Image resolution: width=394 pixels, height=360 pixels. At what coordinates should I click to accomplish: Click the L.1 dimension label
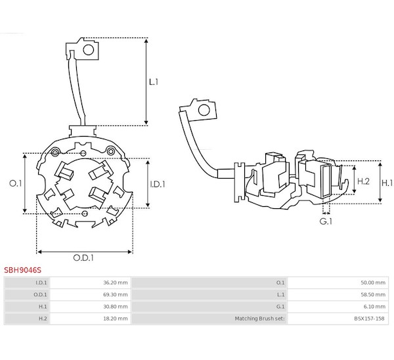pos(154,82)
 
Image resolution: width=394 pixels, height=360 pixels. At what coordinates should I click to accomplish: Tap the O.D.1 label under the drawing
pos(83,258)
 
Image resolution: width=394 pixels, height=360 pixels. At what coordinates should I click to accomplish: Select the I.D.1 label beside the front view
pos(158,185)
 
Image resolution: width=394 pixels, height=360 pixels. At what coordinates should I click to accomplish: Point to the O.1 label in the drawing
pos(16,183)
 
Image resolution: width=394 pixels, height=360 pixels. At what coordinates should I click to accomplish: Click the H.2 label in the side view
pos(363,181)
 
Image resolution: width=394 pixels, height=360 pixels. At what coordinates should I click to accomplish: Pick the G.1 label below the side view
pos(326,221)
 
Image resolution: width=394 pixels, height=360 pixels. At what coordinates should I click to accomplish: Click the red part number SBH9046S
pos(22,270)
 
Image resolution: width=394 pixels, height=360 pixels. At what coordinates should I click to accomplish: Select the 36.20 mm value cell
pos(116,282)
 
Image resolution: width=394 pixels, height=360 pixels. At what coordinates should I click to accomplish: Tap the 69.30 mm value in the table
pos(116,294)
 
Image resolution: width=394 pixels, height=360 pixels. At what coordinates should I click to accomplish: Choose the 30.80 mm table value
pos(116,306)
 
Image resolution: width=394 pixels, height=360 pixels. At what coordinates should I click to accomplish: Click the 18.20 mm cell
pos(116,319)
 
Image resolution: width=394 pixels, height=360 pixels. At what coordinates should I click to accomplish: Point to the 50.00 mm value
pos(373,282)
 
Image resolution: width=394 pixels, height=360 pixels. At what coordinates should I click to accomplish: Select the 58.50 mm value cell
pos(373,294)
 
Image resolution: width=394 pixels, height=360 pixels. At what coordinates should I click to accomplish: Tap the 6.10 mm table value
pos(374,306)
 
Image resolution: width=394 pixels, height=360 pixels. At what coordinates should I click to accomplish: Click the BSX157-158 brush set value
pos(369,319)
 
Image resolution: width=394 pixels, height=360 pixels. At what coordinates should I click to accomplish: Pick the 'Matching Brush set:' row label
pos(260,319)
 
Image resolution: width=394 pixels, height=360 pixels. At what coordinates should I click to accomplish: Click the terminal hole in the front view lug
pos(88,50)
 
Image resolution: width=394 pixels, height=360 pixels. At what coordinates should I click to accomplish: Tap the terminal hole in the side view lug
pos(204,110)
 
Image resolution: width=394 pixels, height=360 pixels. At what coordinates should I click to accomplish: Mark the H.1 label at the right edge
pos(387,183)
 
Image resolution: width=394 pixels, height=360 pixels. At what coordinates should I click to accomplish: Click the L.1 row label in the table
pos(280,294)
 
